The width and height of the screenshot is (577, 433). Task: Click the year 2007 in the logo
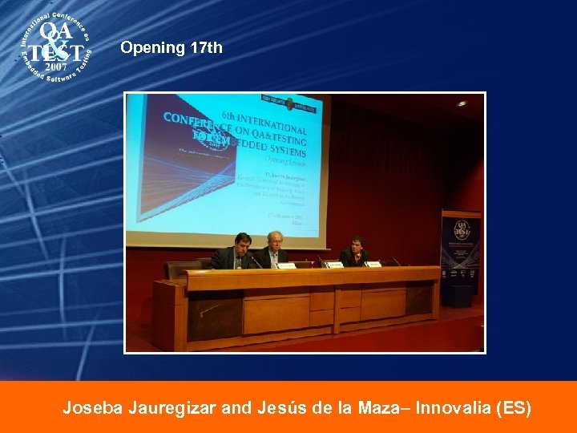pos(55,67)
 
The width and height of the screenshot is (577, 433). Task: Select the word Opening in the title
pos(152,48)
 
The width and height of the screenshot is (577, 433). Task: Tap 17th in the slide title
pos(207,48)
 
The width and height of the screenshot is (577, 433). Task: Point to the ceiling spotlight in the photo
pos(461,103)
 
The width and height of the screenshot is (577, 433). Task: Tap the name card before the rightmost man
pos(374,264)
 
